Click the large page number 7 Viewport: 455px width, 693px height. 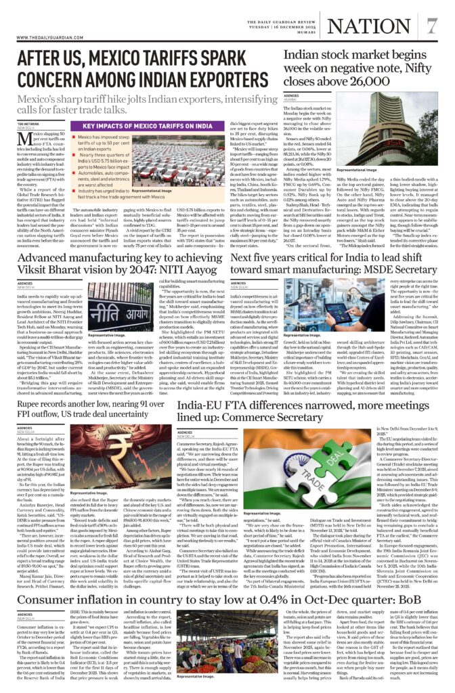coord(431,26)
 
